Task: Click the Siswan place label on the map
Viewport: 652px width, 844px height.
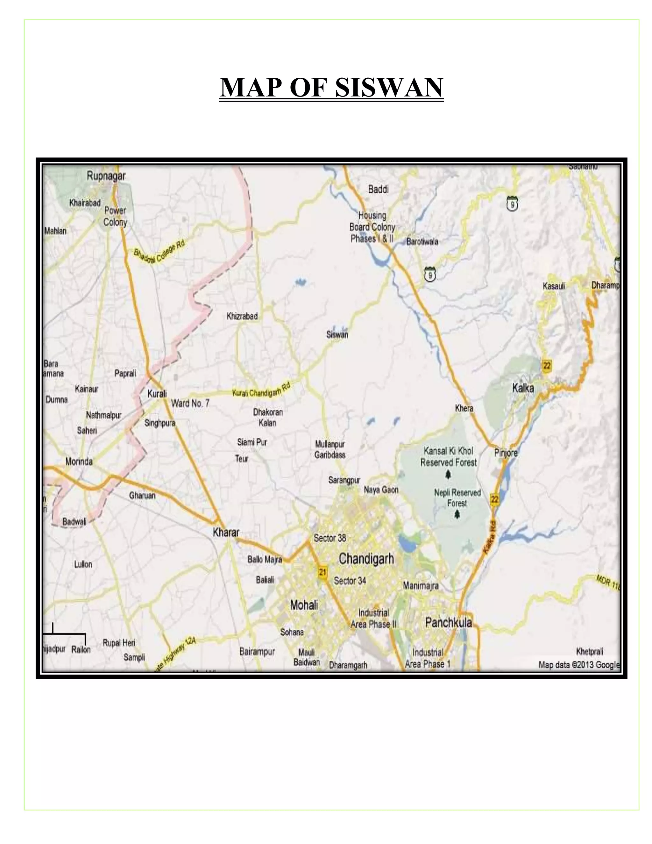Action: (337, 335)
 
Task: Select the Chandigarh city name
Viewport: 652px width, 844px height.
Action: (366, 559)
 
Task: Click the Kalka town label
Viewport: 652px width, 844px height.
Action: (523, 388)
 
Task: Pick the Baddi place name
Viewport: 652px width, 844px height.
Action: (378, 190)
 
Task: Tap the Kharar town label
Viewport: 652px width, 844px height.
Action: (226, 533)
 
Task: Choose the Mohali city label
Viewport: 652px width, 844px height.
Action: (304, 605)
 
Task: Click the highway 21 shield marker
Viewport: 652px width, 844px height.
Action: (322, 572)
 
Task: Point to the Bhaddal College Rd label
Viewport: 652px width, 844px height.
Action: (159, 252)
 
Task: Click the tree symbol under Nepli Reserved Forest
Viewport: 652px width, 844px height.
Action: (457, 514)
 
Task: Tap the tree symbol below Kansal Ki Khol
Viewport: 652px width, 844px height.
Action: (448, 474)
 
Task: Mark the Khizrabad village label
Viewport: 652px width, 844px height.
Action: (242, 316)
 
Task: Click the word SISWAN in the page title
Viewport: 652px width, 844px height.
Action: (389, 87)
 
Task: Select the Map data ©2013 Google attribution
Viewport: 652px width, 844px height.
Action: (578, 665)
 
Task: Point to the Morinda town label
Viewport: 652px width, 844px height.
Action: (79, 461)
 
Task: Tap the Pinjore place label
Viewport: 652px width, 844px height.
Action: (506, 453)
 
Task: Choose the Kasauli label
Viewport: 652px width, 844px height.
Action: (554, 286)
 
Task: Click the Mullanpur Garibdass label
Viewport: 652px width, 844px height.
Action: (330, 449)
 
